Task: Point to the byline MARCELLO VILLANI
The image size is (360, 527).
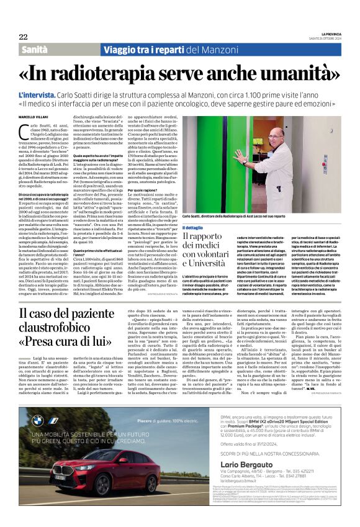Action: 33,116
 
